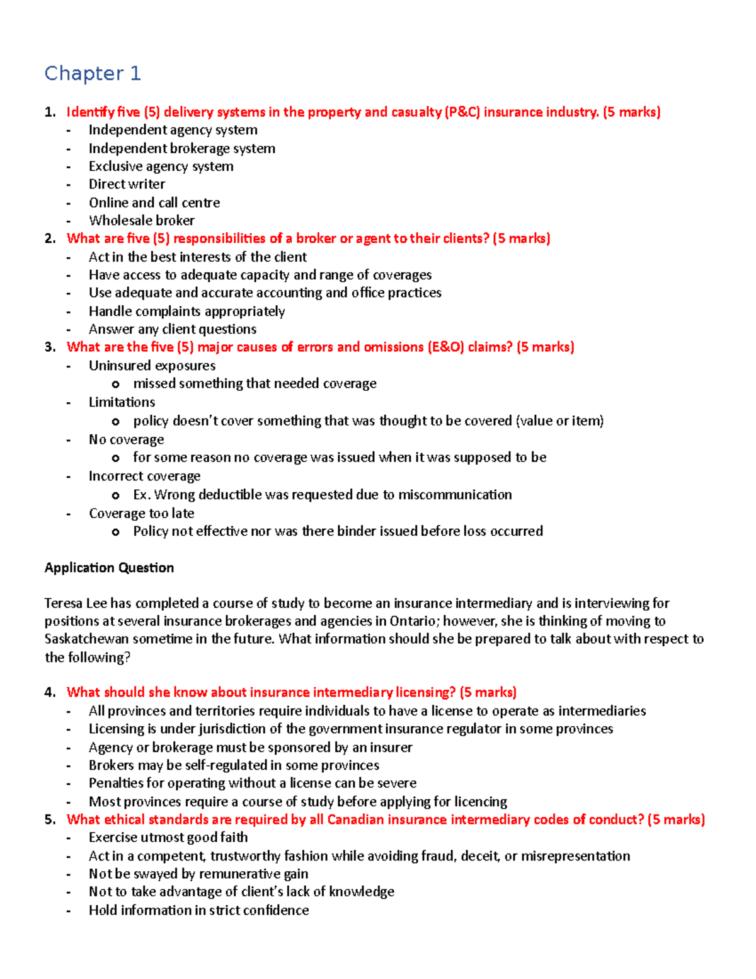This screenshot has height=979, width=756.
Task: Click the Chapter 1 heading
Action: point(93,74)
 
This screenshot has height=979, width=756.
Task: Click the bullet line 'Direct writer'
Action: point(127,184)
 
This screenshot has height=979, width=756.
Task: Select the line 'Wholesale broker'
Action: point(141,221)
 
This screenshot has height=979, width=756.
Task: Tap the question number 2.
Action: point(50,238)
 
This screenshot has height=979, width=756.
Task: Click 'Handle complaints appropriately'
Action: point(186,311)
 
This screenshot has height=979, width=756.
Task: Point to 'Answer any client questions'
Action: point(172,329)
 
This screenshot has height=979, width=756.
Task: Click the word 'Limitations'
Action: point(122,402)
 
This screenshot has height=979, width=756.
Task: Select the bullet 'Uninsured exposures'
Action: point(152,366)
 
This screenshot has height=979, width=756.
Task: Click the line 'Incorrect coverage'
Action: point(144,476)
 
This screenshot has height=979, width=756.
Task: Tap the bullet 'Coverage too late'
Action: point(141,513)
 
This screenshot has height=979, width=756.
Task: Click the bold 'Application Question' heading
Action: point(109,567)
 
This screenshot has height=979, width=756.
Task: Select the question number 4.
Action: point(50,692)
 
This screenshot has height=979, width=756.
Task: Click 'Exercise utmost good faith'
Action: point(168,837)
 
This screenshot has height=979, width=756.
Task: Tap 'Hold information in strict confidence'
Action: point(198,910)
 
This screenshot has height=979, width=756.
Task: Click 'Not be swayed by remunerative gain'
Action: point(198,874)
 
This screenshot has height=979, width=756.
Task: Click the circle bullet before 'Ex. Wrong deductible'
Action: point(115,495)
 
